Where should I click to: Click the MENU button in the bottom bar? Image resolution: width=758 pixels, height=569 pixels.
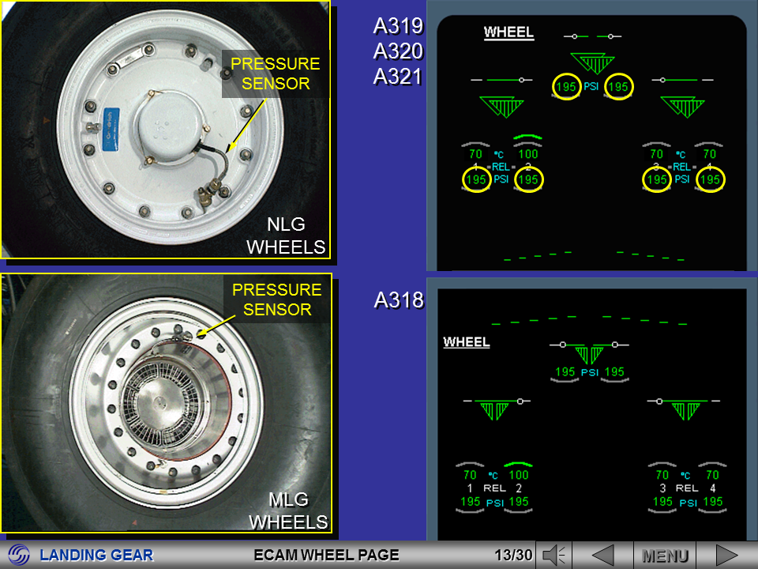coord(665,556)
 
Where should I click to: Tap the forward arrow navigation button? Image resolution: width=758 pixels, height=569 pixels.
coord(726,556)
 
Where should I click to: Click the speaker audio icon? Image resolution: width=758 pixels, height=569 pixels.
coord(555,556)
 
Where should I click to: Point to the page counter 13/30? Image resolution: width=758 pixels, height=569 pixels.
coord(512,556)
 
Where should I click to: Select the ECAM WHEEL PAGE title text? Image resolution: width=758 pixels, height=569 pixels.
coord(326,556)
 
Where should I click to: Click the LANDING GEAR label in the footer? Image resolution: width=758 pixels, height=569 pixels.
coord(96,556)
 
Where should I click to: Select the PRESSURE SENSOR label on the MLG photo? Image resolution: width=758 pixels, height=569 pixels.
coord(276,300)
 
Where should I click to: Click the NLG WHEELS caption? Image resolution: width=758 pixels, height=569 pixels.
coord(286,236)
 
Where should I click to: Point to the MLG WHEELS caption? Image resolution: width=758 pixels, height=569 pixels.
coord(288,511)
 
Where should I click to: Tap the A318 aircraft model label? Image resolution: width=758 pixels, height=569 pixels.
coord(399,300)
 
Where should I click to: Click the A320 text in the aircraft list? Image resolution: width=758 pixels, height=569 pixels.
coord(398,51)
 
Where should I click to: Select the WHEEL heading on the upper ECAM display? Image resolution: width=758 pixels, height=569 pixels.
coord(508,33)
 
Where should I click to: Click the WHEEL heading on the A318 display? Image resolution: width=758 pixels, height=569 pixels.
coord(467,342)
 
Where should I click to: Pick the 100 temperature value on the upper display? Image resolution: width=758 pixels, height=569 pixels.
coord(527,154)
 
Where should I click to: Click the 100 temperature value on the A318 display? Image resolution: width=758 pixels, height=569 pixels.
coord(518,475)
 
